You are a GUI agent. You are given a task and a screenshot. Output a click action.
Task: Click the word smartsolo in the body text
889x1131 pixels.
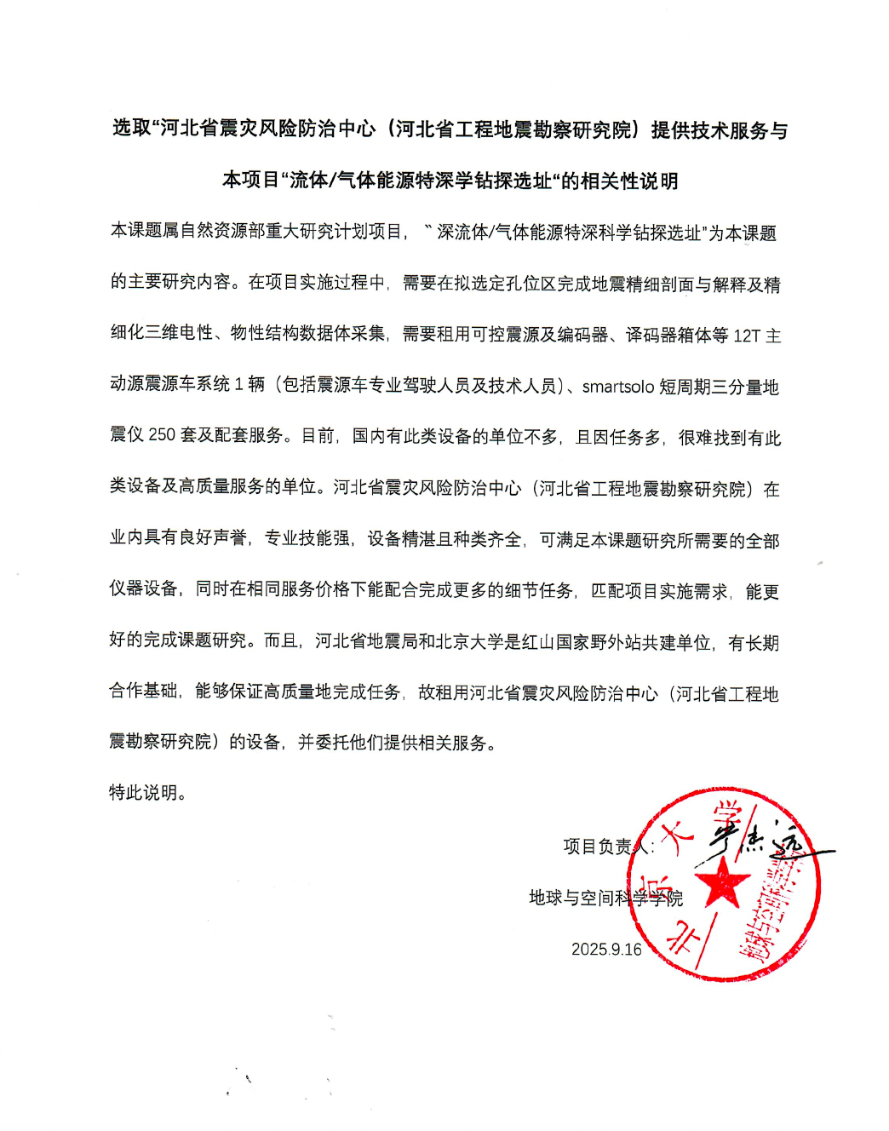617,387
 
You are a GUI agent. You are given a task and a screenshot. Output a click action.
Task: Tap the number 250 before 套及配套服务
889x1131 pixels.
162,435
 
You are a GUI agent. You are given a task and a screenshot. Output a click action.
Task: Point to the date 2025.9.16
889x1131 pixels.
606,949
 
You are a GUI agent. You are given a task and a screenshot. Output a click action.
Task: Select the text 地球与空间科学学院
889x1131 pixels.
605,898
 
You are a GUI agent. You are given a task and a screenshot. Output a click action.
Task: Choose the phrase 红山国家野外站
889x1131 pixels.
582,642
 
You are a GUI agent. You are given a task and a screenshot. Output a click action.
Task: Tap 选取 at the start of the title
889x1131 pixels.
131,128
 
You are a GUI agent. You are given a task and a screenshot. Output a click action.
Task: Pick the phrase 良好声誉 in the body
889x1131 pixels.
213,538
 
